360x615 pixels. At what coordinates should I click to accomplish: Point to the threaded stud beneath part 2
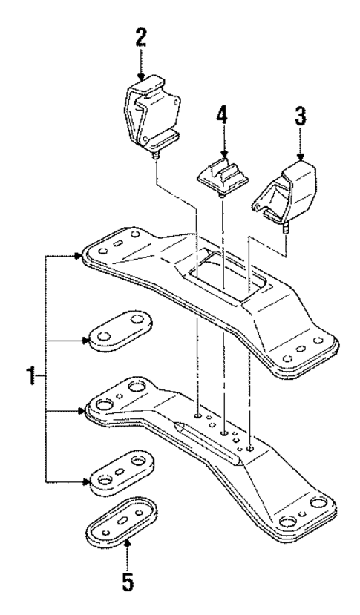tap(156, 158)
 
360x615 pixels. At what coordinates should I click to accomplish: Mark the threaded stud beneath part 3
tap(287, 228)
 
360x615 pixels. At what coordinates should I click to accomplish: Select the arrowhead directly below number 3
tap(301, 157)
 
